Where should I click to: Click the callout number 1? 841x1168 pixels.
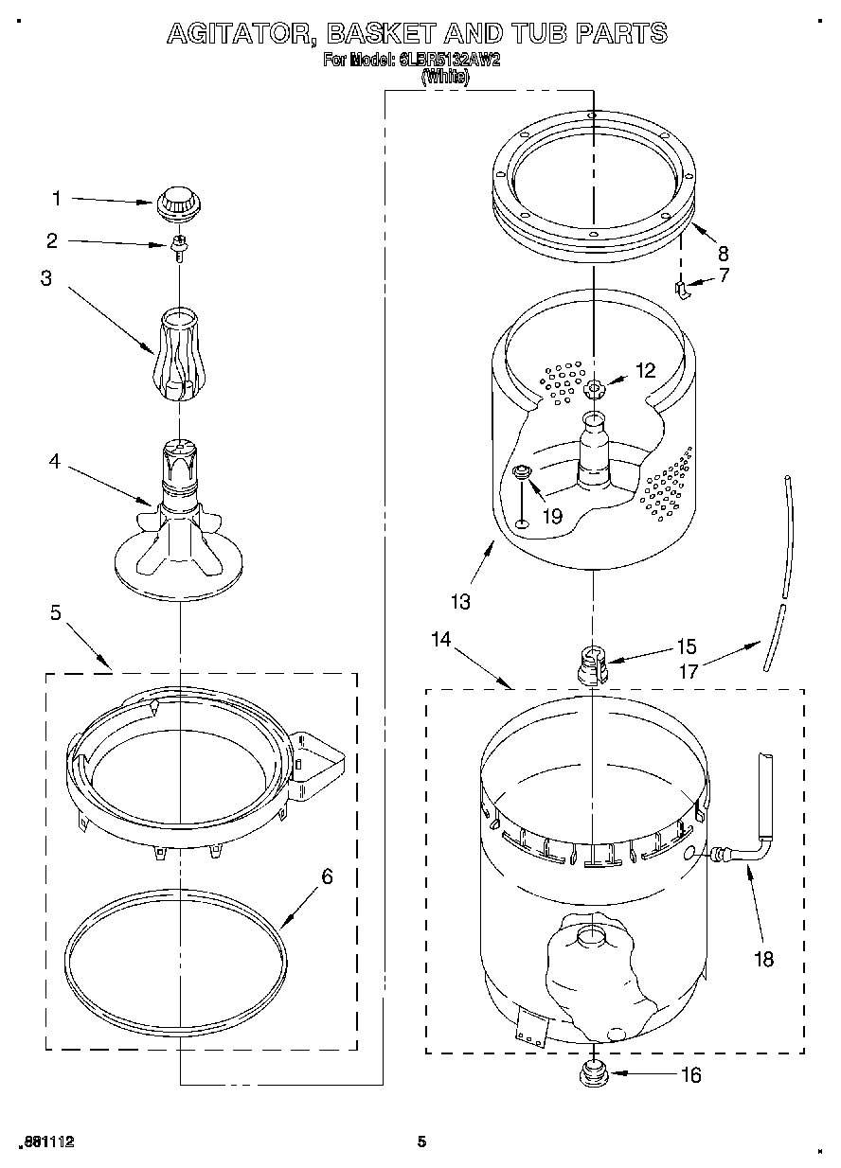point(56,198)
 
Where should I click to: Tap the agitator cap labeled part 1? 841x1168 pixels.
point(173,202)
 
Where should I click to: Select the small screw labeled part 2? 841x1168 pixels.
point(177,247)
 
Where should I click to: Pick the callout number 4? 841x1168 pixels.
point(55,462)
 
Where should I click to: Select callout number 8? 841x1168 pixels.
point(723,253)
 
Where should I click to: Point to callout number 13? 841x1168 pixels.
point(460,599)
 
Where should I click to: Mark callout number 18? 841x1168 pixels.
point(762,959)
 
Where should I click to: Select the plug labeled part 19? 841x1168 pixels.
point(520,473)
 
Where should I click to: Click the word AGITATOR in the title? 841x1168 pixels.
point(241,34)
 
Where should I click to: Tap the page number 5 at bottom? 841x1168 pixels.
point(422,1141)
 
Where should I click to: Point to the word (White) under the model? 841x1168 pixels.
point(445,78)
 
